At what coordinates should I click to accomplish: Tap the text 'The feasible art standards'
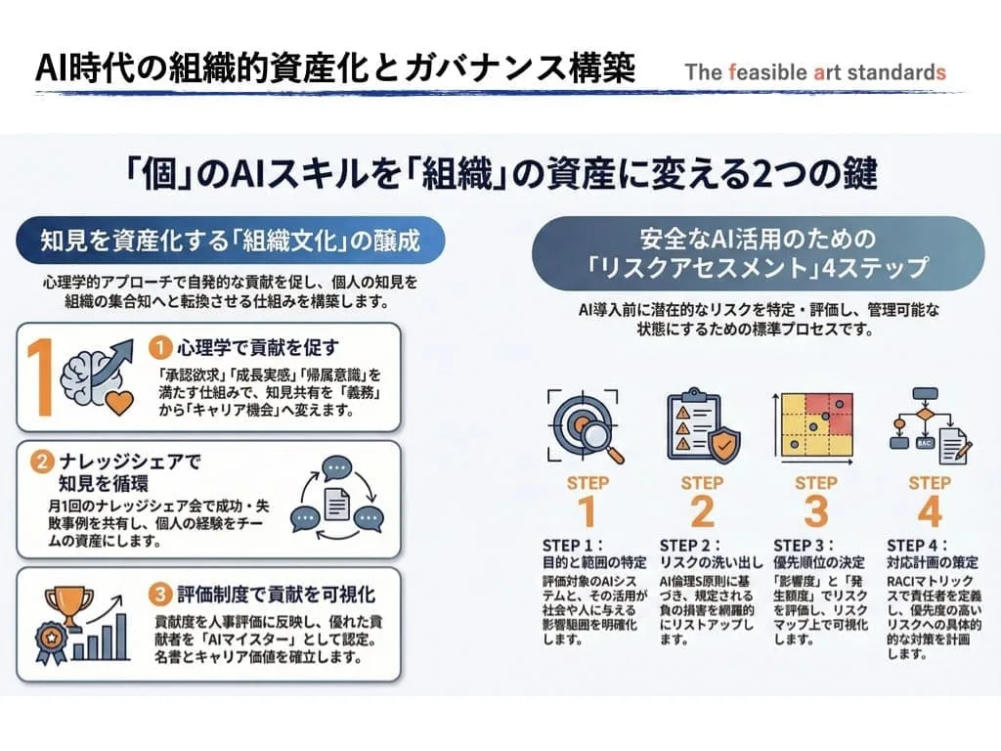[815, 72]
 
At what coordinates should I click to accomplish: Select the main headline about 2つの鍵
[500, 173]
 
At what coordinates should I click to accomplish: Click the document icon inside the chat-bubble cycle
[337, 504]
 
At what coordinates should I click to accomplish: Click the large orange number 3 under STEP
[815, 511]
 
